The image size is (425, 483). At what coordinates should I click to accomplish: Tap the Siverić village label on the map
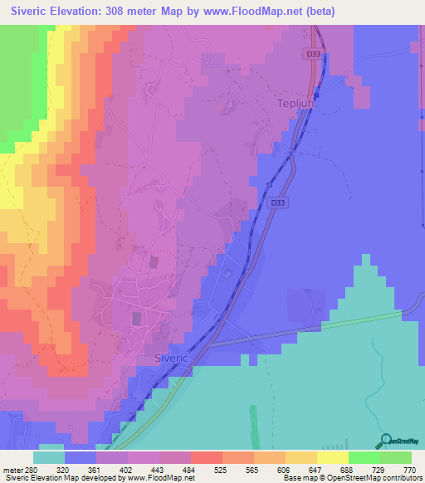[x=173, y=357]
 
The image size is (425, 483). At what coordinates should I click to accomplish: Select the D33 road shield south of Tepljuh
[x=279, y=201]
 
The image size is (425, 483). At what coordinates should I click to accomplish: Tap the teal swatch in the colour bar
[x=48, y=457]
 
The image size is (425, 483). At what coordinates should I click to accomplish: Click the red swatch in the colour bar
[x=206, y=457]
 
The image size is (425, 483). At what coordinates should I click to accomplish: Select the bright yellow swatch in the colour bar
[x=332, y=457]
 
